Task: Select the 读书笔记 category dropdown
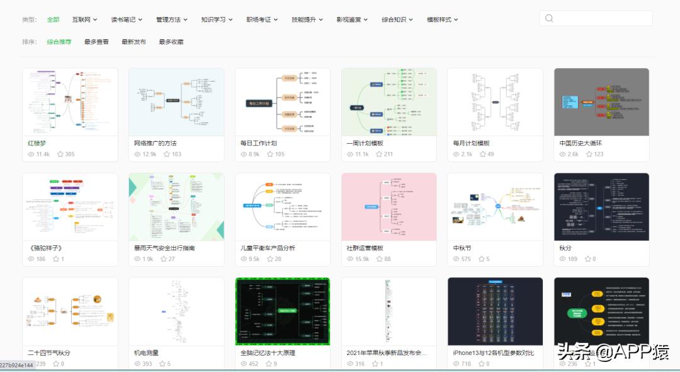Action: point(127,20)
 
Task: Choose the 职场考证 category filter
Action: point(262,20)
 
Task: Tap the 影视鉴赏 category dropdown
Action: point(352,20)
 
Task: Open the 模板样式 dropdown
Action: point(442,20)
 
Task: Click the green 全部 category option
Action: point(53,20)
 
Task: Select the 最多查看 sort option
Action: point(96,42)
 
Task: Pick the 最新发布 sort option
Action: point(133,42)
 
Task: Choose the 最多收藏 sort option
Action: point(171,42)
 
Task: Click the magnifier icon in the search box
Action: point(549,18)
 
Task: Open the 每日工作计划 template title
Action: point(258,143)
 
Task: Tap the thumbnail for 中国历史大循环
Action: point(601,102)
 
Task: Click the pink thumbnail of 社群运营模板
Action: point(388,206)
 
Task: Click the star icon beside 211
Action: point(379,154)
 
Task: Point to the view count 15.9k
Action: point(361,259)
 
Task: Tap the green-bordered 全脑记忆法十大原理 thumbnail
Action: point(282,311)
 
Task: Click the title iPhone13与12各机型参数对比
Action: point(493,352)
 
